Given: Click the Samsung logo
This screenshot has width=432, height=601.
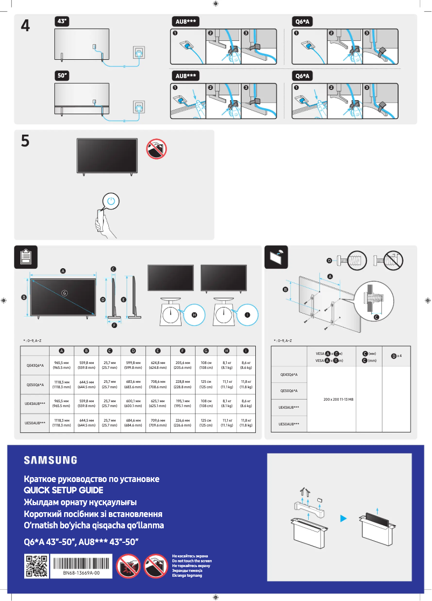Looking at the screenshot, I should pyautogui.click(x=50, y=460).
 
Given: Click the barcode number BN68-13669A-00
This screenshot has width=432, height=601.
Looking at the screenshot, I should pyautogui.click(x=81, y=574).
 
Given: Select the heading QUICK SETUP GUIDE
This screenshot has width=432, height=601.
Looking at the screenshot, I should pyautogui.click(x=63, y=491).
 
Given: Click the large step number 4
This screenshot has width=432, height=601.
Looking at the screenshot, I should pyautogui.click(x=25, y=25).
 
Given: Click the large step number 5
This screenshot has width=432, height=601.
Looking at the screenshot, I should pyautogui.click(x=25, y=141).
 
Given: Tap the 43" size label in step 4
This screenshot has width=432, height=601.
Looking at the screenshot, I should pyautogui.click(x=62, y=20).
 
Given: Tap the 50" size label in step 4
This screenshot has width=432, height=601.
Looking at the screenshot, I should pyautogui.click(x=62, y=75).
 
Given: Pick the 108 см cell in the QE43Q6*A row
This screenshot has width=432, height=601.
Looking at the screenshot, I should pyautogui.click(x=206, y=366).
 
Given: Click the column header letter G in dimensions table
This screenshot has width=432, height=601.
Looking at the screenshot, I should pyautogui.click(x=206, y=351).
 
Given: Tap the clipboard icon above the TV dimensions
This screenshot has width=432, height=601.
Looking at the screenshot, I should pyautogui.click(x=25, y=257).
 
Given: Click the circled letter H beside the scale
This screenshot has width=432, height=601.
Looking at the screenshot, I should pyautogui.click(x=194, y=315).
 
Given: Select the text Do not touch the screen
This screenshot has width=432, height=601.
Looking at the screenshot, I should pyautogui.click(x=191, y=561).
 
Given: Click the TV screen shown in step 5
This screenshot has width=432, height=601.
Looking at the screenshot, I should pyautogui.click(x=106, y=155).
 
